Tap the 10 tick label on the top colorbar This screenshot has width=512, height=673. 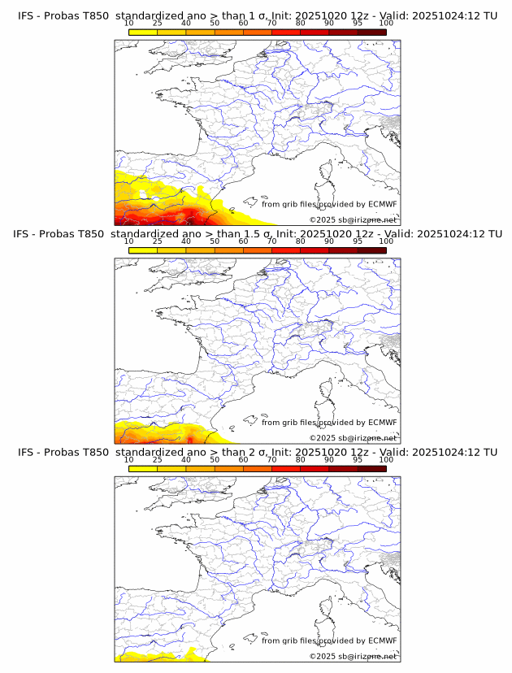129,23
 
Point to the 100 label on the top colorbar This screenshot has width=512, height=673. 386,23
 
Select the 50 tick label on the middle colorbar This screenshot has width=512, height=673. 215,241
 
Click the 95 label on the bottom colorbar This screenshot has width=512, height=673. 358,460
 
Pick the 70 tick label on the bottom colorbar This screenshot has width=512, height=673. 271,460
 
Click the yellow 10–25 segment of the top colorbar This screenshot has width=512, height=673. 143,32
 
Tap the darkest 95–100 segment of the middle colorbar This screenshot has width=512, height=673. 371,250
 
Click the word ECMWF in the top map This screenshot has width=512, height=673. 382,204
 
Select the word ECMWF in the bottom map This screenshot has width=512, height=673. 382,640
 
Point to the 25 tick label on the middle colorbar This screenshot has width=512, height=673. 158,241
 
